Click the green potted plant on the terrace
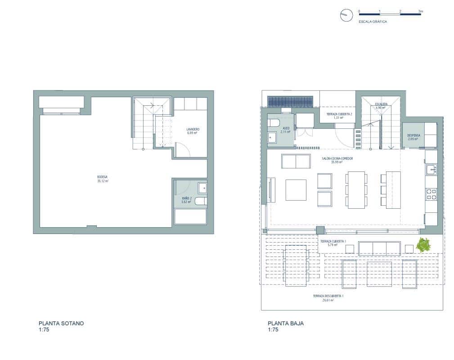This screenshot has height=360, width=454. click(x=423, y=245)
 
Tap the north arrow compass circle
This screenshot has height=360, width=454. click(x=345, y=15)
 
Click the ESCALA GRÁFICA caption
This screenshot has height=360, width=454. click(x=373, y=21)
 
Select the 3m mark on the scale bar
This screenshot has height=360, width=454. click(x=420, y=10)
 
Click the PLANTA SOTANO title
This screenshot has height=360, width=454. click(x=61, y=323)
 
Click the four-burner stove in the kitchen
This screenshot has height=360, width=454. click(x=431, y=194)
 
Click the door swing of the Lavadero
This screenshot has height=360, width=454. click(x=183, y=149)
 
